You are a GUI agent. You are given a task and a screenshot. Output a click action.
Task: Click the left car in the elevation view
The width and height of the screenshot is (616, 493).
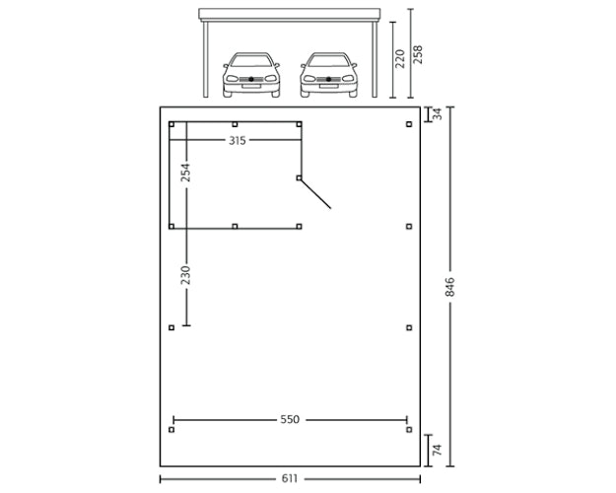251,74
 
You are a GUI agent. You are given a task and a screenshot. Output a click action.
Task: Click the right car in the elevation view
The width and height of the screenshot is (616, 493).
328,74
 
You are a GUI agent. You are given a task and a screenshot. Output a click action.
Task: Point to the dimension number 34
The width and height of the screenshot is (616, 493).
438,114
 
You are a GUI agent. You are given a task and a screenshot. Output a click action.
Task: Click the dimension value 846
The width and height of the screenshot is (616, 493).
449,287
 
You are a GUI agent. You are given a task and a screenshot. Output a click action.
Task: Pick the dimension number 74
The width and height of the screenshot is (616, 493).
438,450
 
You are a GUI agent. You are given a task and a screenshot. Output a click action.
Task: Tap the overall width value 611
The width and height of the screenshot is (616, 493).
290,479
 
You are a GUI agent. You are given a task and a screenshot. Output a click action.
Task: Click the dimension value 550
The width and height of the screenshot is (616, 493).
290,419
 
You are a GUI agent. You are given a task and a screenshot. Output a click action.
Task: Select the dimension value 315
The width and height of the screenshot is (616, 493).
237,141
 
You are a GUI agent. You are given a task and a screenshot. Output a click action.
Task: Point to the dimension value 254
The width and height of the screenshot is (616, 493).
185,173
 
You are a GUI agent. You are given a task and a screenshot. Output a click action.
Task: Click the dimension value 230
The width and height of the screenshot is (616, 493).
185,275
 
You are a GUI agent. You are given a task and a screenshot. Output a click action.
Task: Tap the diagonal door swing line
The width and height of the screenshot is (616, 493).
317,194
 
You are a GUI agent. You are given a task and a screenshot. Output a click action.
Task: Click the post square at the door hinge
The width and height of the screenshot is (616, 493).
299,178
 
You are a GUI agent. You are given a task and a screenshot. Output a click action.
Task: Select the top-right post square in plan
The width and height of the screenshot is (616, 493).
409,124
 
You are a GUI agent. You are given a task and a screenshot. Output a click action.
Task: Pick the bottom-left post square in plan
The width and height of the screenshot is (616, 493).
171,430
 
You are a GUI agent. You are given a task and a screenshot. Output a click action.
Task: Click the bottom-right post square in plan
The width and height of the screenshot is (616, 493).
409,430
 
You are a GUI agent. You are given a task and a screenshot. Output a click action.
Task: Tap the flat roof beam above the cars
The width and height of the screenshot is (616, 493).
290,15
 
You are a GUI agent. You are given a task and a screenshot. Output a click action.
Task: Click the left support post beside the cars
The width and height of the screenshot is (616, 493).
205,59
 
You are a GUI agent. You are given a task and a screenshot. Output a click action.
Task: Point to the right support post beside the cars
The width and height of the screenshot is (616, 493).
376,59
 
